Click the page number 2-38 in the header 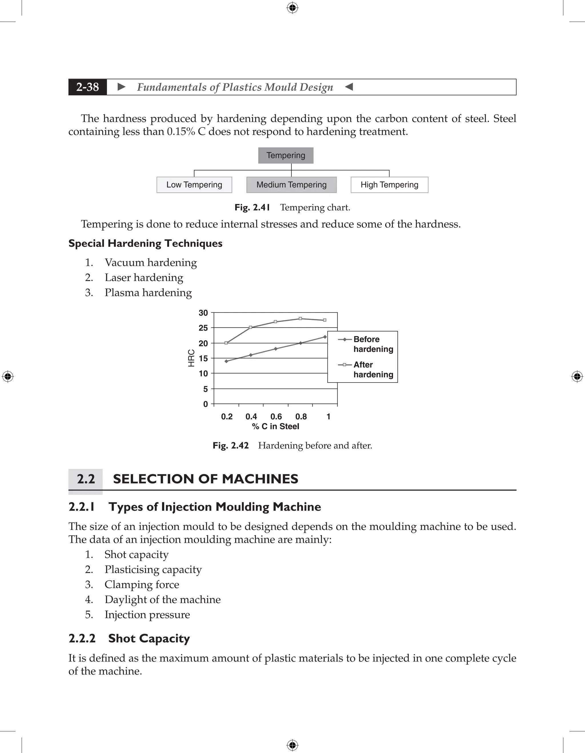pyautogui.click(x=88, y=87)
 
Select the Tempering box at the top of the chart pyautogui.click(x=285, y=155)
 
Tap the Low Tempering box pyautogui.click(x=194, y=185)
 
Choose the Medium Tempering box pyautogui.click(x=291, y=185)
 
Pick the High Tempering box pyautogui.click(x=389, y=185)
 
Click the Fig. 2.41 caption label pyautogui.click(x=252, y=208)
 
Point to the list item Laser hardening pyautogui.click(x=144, y=278)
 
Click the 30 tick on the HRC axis pyautogui.click(x=203, y=313)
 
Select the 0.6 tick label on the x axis pyautogui.click(x=276, y=416)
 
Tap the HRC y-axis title pyautogui.click(x=191, y=358)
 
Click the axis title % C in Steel pyautogui.click(x=275, y=426)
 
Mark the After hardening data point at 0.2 pyautogui.click(x=226, y=343)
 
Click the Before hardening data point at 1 pyautogui.click(x=325, y=337)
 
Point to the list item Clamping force pyautogui.click(x=142, y=584)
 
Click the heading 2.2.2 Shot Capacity pyautogui.click(x=129, y=638)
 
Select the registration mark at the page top pyautogui.click(x=292, y=8)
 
